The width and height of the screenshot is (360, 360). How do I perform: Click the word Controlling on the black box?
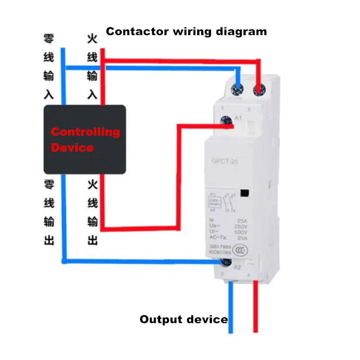click(85, 132)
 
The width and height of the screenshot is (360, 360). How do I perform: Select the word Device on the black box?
click(72, 148)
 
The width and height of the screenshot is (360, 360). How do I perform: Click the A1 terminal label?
click(239, 118)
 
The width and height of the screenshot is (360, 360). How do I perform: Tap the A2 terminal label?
click(237, 266)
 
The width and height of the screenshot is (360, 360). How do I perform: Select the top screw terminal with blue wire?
click(236, 88)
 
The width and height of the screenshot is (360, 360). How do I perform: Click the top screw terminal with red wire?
click(258, 88)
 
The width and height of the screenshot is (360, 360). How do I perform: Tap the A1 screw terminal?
click(226, 120)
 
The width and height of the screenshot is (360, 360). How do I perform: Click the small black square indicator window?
click(245, 193)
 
